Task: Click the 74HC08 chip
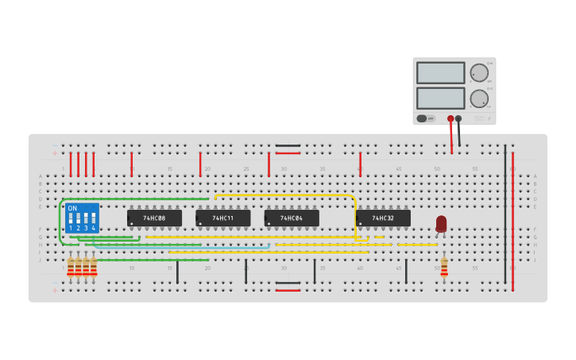[154, 218]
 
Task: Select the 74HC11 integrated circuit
[223, 218]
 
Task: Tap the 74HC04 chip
[292, 218]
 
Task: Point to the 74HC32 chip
[384, 218]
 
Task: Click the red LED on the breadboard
[441, 223]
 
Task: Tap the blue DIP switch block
[83, 218]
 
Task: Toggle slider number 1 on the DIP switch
[71, 219]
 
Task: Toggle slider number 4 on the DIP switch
[94, 219]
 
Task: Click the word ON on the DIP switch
[72, 208]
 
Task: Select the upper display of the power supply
[440, 73]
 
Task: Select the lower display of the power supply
[440, 99]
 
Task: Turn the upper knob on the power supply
[479, 73]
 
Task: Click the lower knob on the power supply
[479, 99]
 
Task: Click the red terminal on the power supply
[450, 119]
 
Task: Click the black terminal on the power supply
[458, 119]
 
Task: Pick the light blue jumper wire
[183, 246]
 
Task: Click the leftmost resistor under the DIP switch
[71, 268]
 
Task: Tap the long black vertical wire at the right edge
[505, 215]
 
